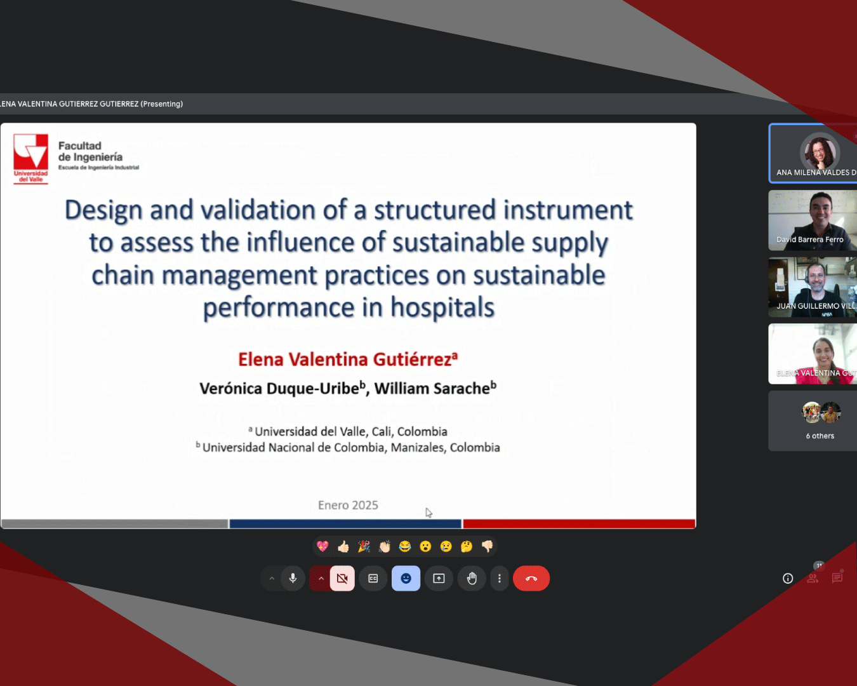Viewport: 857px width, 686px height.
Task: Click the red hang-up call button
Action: coord(531,578)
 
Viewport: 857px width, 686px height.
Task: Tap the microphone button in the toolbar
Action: coord(293,578)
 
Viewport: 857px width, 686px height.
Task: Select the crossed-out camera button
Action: coord(342,578)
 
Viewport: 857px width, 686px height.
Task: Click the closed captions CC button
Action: coord(373,578)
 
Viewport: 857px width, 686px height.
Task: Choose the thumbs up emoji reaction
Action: coord(343,546)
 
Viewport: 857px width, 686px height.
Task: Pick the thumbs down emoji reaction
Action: coord(487,546)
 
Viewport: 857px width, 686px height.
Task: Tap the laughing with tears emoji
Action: coord(404,546)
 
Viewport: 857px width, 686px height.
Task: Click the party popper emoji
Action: coord(364,546)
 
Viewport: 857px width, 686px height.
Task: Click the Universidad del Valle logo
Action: coord(30,159)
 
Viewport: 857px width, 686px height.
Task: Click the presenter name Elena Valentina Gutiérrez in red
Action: coord(345,359)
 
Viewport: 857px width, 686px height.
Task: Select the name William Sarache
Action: coord(432,388)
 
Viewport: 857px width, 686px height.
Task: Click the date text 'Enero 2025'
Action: coord(348,505)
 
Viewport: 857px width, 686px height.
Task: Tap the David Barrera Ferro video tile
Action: coord(813,220)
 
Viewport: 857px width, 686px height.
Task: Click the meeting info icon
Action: coord(787,578)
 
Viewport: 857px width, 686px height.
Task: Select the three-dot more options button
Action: coord(500,578)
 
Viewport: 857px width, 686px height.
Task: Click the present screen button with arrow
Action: coord(439,578)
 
